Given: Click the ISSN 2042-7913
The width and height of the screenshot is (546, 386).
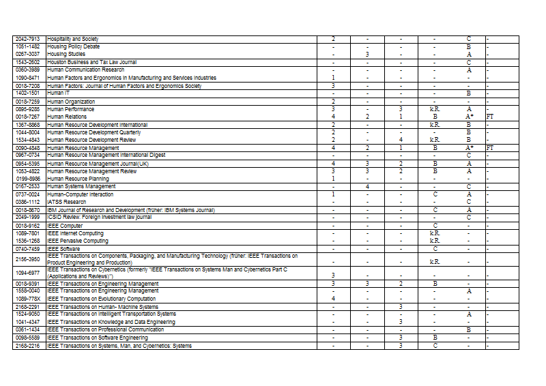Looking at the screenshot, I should point(27,39).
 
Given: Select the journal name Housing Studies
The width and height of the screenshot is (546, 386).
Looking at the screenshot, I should point(66,54).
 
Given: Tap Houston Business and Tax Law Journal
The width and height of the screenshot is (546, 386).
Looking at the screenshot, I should point(91,62).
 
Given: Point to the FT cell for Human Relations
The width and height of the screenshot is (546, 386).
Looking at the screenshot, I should point(489,117).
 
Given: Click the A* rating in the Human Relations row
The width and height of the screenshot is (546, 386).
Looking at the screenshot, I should point(469,117).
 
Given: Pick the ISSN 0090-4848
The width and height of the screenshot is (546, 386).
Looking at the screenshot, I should point(27,147).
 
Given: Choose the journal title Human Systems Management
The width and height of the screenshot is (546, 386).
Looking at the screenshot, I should point(81,186).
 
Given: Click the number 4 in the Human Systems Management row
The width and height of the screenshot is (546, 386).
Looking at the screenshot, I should point(367,186).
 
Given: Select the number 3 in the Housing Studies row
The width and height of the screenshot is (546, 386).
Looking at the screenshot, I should point(367,54).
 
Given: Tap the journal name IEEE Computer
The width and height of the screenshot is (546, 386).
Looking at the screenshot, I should point(65,226).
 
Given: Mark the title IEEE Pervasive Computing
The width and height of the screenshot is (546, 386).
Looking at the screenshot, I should point(78,241).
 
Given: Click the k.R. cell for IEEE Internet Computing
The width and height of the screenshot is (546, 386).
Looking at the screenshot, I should point(435,233).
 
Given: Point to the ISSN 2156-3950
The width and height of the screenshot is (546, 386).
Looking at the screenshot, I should point(27,260).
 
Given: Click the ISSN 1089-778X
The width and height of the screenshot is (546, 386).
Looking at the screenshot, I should point(27,299).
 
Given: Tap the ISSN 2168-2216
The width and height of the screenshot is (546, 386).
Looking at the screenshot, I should point(27,346).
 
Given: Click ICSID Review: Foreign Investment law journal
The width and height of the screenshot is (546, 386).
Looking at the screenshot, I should point(100,217).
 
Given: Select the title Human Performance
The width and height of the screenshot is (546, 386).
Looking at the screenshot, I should point(71,109).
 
